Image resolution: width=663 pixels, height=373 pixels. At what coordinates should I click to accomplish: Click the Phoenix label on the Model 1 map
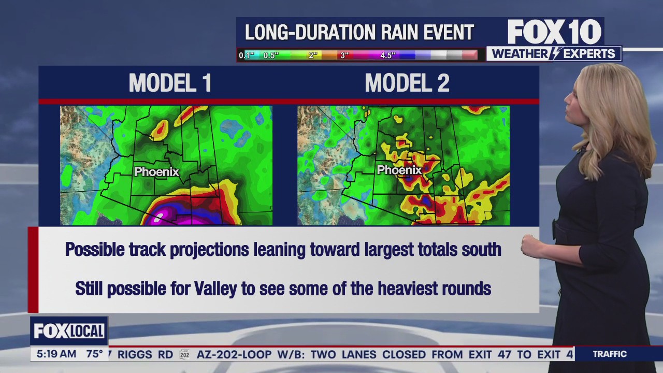pyautogui.click(x=156, y=171)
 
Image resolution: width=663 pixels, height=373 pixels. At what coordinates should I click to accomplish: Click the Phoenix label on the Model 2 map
pyautogui.click(x=399, y=170)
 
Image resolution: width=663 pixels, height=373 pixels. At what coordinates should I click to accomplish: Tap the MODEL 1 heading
pyautogui.click(x=170, y=83)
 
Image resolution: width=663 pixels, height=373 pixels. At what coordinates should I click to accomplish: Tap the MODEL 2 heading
pyautogui.click(x=407, y=83)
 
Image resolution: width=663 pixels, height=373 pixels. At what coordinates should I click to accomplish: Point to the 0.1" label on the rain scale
pyautogui.click(x=246, y=55)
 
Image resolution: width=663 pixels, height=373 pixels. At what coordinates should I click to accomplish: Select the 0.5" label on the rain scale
pyautogui.click(x=271, y=55)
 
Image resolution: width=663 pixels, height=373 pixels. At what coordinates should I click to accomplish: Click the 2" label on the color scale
pyautogui.click(x=313, y=55)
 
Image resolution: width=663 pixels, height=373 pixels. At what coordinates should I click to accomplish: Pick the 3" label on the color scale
pyautogui.click(x=344, y=55)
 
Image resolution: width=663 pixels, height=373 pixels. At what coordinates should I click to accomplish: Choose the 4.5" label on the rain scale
pyautogui.click(x=388, y=55)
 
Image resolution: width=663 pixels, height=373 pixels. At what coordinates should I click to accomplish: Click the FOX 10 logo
pyautogui.click(x=554, y=32)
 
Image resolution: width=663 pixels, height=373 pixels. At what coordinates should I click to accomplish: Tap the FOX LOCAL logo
pyautogui.click(x=69, y=331)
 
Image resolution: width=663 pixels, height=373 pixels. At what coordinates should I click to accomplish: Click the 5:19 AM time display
pyautogui.click(x=56, y=354)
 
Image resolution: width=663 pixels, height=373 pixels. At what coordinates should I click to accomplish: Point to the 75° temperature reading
pyautogui.click(x=94, y=354)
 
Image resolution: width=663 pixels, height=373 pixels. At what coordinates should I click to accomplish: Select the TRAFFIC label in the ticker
pyautogui.click(x=610, y=354)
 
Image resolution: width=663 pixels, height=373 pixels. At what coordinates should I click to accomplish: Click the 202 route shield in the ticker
pyautogui.click(x=184, y=354)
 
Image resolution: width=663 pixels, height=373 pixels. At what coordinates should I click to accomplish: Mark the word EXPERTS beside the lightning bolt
pyautogui.click(x=589, y=54)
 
